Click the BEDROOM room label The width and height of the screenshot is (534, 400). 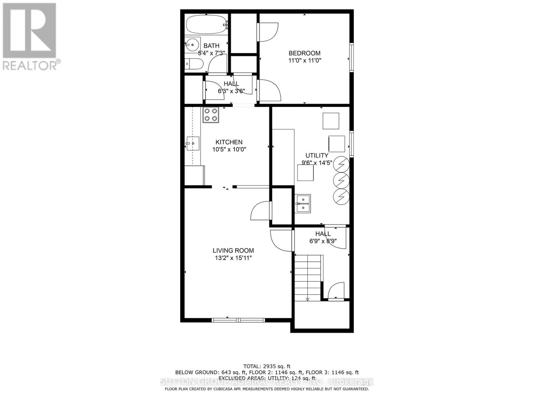pos(304,53)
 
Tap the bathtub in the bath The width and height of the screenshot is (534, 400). pos(206,24)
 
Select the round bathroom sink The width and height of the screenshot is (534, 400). pos(192,44)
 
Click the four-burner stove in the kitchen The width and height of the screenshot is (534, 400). pos(211,115)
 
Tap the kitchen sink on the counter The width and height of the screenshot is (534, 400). pos(193,144)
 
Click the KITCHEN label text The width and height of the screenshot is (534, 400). pos(229,142)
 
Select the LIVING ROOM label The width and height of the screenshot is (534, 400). pos(233,251)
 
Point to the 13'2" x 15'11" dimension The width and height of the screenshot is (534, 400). pos(233,258)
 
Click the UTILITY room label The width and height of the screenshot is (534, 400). pos(317,155)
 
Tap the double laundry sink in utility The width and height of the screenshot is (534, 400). pos(303,204)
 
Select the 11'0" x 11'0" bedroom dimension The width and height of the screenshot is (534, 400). pos(304,61)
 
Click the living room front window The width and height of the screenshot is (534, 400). pos(238,320)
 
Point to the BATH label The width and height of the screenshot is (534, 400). pos(212,46)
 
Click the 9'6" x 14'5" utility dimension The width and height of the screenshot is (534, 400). pos(317,163)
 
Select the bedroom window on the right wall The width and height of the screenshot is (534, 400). pos(351,57)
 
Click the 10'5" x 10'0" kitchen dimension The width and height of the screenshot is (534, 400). pos(229,149)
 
